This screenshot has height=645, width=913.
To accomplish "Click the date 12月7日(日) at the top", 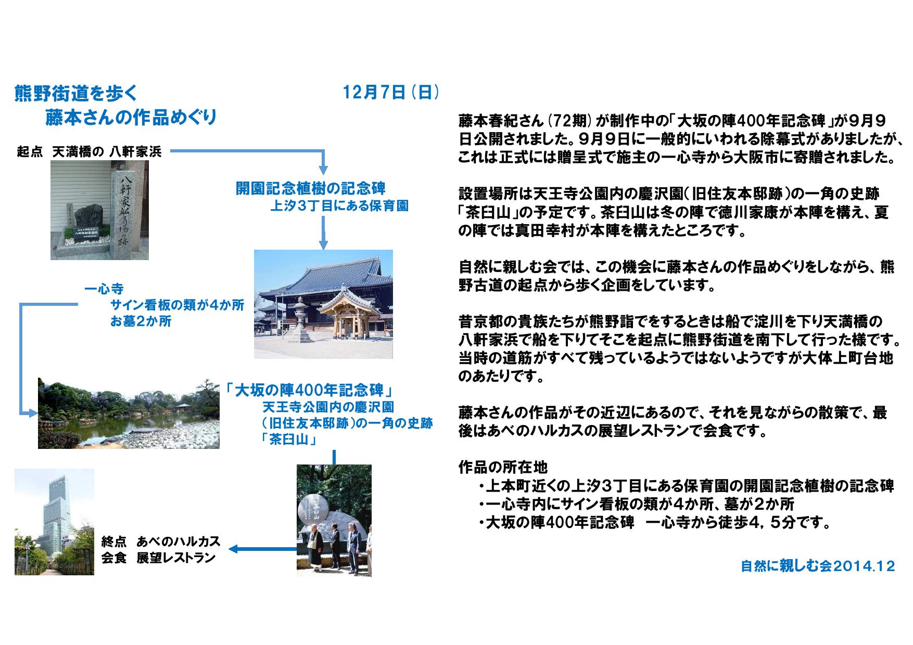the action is click(x=391, y=93).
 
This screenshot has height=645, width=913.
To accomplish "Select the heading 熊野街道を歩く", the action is click(x=76, y=94).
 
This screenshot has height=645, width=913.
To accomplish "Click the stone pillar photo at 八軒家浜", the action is click(x=99, y=210).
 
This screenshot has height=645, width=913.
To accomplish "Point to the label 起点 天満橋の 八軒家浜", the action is click(x=89, y=152).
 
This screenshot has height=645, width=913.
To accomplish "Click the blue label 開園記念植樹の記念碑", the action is click(x=311, y=188).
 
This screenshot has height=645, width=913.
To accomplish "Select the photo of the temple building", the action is click(x=323, y=304).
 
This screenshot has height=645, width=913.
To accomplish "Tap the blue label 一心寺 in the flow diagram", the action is click(x=104, y=289).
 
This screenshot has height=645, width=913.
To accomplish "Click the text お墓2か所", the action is click(x=141, y=322).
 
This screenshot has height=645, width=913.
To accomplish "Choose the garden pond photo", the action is click(x=129, y=413).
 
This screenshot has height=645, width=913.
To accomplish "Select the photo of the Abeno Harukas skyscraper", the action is click(x=54, y=522).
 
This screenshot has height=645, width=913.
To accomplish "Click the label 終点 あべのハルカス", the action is click(x=161, y=541).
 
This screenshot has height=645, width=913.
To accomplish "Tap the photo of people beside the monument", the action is click(x=334, y=520).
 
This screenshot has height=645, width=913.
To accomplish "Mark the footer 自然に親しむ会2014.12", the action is click(x=818, y=566).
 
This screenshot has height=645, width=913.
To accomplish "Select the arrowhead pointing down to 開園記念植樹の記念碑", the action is click(x=323, y=170).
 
